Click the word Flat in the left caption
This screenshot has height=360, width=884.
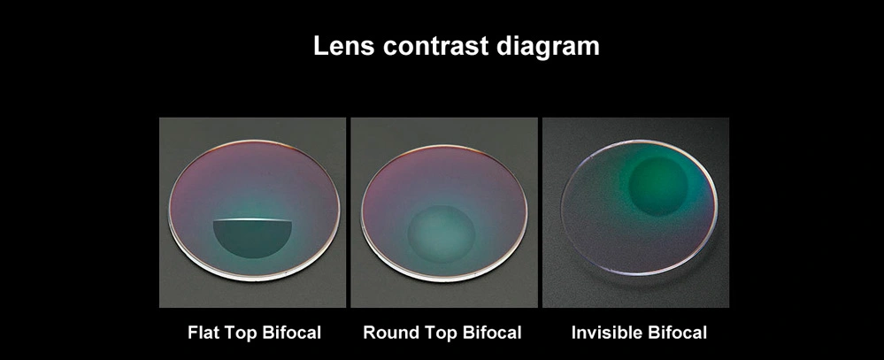click(x=204, y=333)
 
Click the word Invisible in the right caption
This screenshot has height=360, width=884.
click(x=607, y=333)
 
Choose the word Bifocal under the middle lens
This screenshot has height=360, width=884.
click(x=488, y=333)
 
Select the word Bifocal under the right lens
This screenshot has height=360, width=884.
click(x=678, y=333)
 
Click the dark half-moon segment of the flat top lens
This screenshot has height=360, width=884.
click(x=252, y=236)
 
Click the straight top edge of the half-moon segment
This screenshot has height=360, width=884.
click(x=252, y=219)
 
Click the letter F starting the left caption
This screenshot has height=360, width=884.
click(x=192, y=333)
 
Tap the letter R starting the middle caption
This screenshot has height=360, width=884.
click(x=369, y=333)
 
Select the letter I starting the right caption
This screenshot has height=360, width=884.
click(x=573, y=333)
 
